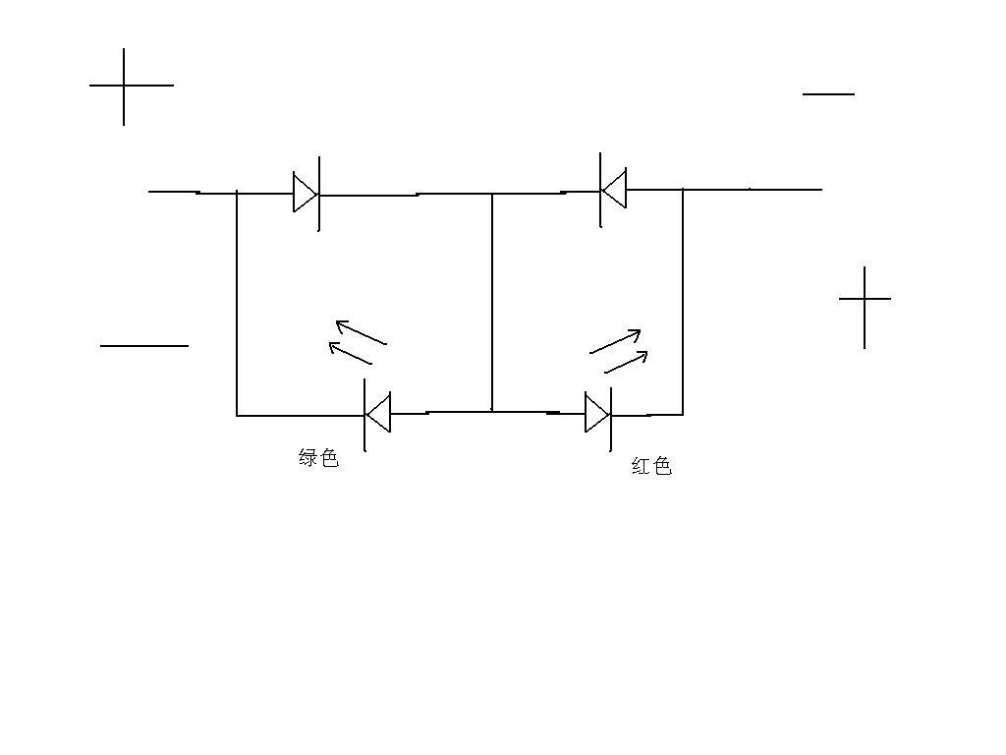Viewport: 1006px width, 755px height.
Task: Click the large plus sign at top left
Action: [124, 86]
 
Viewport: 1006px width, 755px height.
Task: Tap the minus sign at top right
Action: [828, 94]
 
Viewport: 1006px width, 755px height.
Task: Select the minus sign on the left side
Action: [144, 346]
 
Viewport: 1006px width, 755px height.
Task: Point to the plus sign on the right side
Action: [865, 299]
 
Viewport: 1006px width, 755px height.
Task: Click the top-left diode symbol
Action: [307, 193]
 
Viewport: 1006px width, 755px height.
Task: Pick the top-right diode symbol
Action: [613, 190]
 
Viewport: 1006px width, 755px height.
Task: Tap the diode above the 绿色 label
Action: [377, 415]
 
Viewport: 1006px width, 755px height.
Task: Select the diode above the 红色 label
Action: [598, 414]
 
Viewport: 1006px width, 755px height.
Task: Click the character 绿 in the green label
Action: [307, 458]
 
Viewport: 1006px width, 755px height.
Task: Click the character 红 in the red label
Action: [641, 465]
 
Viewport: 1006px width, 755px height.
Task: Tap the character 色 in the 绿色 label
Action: [329, 458]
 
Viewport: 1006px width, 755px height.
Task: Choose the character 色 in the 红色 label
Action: [662, 465]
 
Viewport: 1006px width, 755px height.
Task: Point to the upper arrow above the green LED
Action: [362, 332]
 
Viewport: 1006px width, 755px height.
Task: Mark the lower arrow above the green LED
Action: [351, 353]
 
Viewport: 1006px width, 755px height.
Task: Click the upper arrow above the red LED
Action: [615, 341]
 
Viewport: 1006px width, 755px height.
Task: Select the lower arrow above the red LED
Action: [626, 362]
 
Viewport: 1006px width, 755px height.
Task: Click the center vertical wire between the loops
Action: [492, 302]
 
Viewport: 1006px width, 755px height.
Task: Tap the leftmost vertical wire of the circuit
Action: [237, 303]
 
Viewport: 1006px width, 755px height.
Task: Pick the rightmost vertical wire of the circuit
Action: [683, 302]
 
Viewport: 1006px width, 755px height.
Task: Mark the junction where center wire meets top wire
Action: [492, 194]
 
